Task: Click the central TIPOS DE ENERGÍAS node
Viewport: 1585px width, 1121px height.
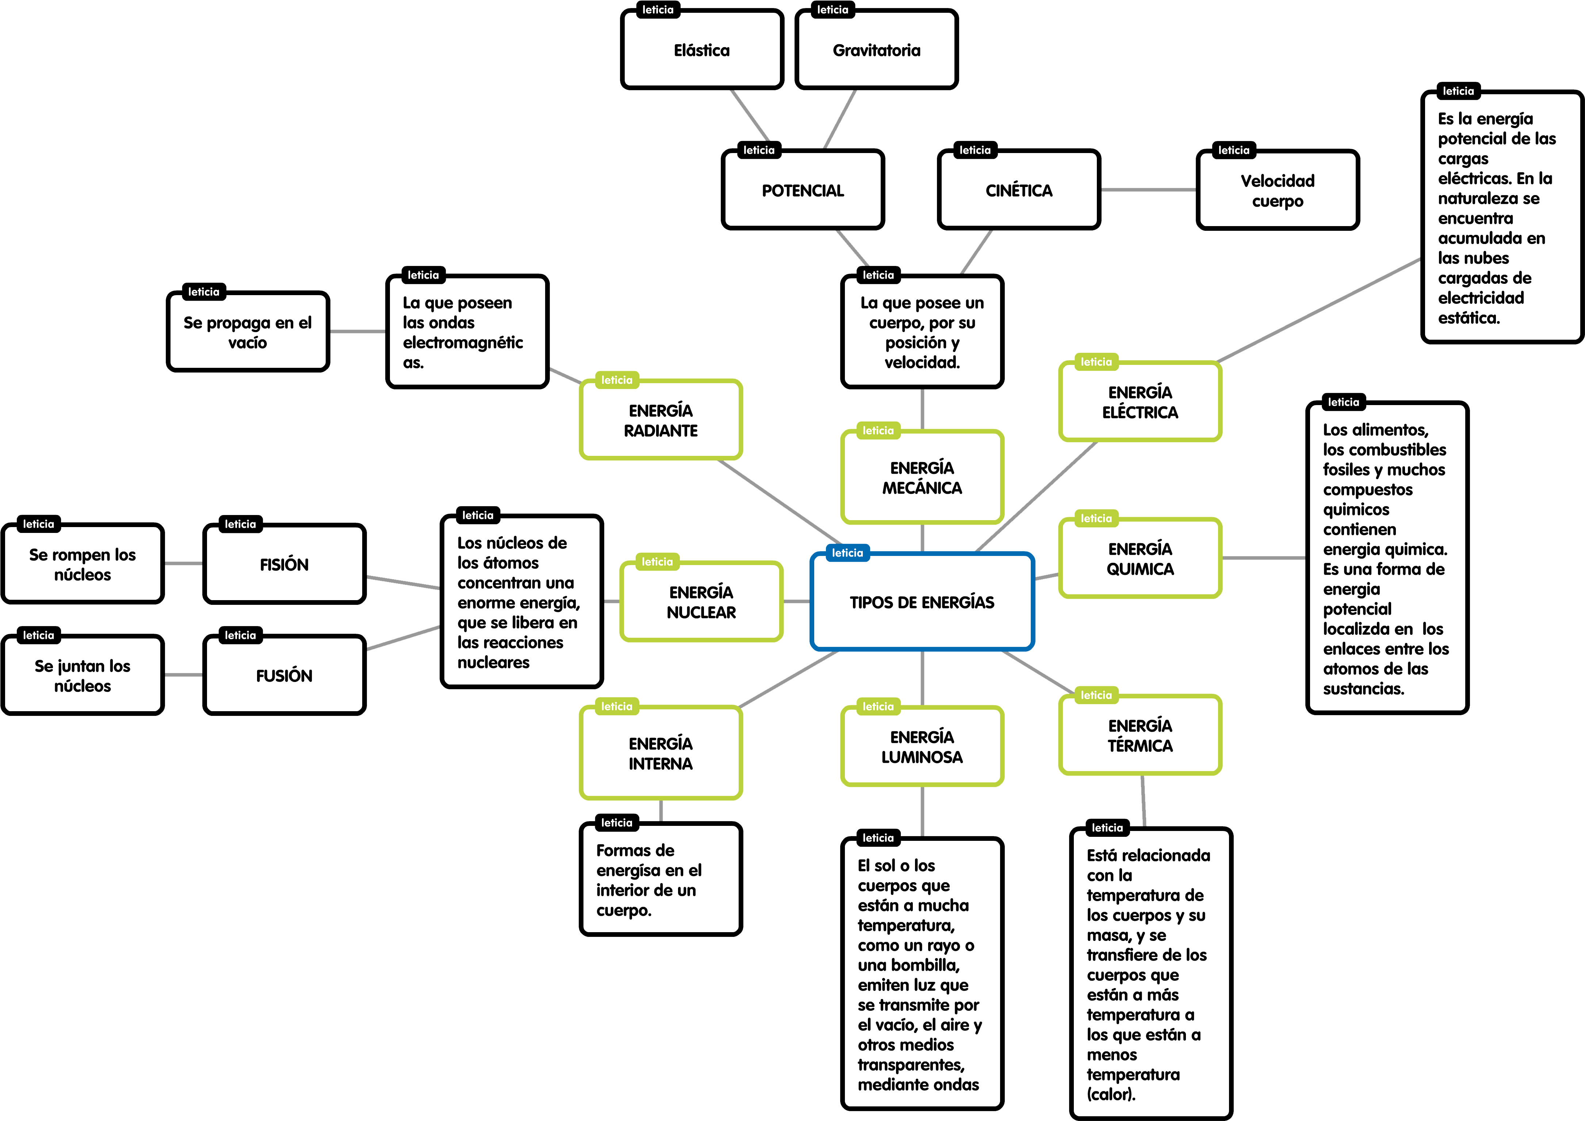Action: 922,602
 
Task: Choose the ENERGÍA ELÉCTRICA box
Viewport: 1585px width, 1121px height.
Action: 1140,403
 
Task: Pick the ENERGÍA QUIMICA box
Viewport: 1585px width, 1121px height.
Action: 1140,559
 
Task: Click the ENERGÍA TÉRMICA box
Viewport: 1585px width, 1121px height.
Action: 1140,736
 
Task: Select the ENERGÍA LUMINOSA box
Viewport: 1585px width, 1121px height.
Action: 922,747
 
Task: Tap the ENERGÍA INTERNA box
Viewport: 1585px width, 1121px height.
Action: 661,754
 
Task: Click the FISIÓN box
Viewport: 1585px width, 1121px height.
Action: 284,564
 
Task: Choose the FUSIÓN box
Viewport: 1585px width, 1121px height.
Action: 284,675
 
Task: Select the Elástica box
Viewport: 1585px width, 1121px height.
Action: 701,50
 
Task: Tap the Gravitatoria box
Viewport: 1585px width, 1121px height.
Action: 876,50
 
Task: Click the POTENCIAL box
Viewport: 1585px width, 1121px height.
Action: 803,191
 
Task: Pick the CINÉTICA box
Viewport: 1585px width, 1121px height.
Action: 1019,191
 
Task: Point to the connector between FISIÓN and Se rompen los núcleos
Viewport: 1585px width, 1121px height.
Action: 184,564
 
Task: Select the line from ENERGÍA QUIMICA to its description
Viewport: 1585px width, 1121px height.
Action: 1263,557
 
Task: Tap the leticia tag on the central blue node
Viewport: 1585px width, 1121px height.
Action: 847,553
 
